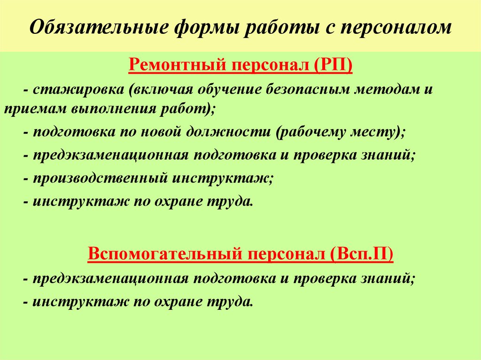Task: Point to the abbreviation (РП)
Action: [x=332, y=64]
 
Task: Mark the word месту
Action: [x=381, y=131]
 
